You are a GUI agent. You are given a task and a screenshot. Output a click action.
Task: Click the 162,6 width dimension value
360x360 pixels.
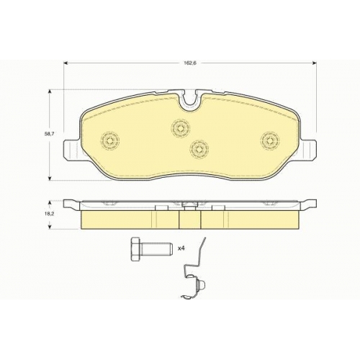coord(189,63)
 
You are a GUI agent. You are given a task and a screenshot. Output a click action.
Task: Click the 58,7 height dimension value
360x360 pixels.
coord(48,134)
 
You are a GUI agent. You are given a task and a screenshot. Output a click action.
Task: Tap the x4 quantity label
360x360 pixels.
coord(181,248)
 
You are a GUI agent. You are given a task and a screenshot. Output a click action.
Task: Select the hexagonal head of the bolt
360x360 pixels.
coord(136,249)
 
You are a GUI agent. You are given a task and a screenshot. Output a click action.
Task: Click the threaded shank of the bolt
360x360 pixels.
coord(156,249)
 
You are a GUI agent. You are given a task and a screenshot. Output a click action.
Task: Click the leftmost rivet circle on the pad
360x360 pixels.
coord(110,141)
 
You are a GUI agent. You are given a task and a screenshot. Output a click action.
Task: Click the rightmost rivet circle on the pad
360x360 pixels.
coord(271,140)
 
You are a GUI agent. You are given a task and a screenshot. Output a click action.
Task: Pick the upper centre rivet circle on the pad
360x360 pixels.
coord(180,128)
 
